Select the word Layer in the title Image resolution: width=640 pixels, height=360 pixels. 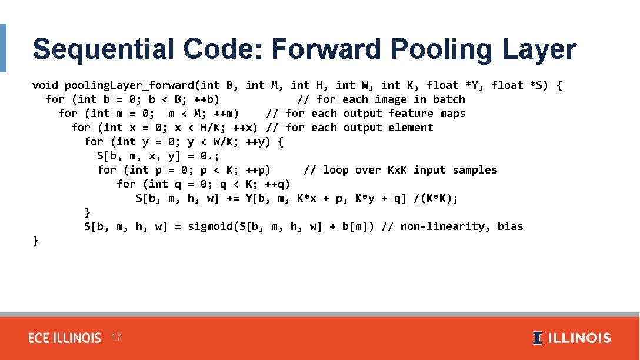(x=536, y=49)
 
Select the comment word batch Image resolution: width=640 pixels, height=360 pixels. (x=449, y=99)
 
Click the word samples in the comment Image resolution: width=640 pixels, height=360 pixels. (x=475, y=170)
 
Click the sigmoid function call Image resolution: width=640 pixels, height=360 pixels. (x=207, y=226)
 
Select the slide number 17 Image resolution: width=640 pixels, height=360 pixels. (x=116, y=337)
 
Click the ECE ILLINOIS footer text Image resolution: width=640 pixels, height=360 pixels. (x=65, y=338)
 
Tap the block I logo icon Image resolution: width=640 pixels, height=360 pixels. (x=537, y=338)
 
